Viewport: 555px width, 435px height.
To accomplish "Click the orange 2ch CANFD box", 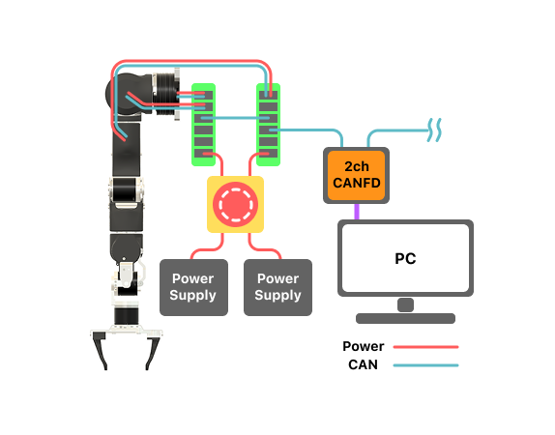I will tap(357, 175).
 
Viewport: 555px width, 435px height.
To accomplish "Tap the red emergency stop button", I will tap(235, 204).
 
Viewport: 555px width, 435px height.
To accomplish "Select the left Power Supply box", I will tap(193, 287).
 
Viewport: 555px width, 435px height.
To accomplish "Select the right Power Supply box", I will tap(278, 287).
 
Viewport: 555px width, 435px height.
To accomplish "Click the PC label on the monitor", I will tap(405, 259).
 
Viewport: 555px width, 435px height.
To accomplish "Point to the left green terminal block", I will tap(204, 123).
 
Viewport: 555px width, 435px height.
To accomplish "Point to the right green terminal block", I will tap(269, 123).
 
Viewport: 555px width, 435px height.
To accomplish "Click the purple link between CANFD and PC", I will tap(356, 211).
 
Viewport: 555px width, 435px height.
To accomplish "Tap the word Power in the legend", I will tap(364, 346).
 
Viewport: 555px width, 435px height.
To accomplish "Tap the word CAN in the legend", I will tap(364, 364).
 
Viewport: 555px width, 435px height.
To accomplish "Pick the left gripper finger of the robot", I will tap(101, 352).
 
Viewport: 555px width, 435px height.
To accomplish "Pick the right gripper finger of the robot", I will tap(152, 352).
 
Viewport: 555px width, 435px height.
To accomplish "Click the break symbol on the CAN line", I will tap(438, 127).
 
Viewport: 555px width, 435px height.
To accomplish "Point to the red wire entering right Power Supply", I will tap(275, 253).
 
